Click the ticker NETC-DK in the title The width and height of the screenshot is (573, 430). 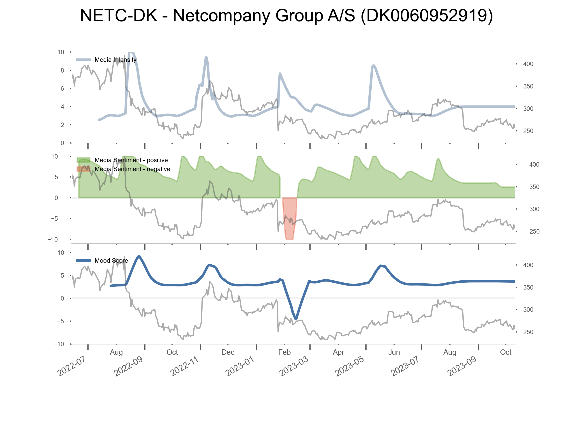point(118,15)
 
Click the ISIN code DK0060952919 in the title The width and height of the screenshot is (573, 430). point(426,15)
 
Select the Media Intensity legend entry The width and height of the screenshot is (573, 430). point(115,60)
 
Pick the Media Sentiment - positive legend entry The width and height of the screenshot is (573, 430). point(131,160)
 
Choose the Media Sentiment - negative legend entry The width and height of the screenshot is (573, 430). point(132,169)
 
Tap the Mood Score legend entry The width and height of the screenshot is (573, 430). point(111,260)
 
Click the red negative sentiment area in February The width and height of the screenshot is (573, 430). point(289,218)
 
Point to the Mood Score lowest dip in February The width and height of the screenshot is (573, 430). point(296,318)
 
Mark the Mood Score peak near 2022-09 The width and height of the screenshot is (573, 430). point(139,257)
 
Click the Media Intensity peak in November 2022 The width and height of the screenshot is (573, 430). point(206,57)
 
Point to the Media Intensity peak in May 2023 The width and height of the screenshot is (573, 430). point(373,66)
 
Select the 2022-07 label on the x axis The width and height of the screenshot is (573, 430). point(71,366)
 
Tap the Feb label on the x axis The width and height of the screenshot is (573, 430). point(284,352)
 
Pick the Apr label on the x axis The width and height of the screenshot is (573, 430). point(338,352)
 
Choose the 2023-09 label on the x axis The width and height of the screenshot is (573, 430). point(462,366)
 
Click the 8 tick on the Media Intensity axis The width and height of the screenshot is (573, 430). point(62,71)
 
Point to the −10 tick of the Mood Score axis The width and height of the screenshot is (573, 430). point(59,344)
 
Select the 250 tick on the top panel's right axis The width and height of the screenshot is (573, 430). point(528,131)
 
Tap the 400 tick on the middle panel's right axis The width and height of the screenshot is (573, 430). point(534,165)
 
